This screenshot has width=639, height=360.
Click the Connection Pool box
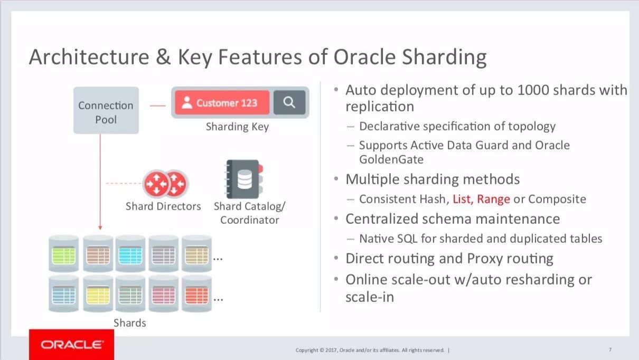coord(106,110)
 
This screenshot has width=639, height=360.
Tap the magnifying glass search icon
coord(289,102)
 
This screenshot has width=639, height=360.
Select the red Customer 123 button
coord(222,102)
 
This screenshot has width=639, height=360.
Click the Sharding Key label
coord(237,127)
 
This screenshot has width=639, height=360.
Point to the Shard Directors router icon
coord(165,184)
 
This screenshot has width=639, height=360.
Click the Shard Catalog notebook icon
coord(244,179)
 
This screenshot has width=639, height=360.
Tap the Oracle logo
coord(72,345)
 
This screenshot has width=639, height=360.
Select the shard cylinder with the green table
coord(63,254)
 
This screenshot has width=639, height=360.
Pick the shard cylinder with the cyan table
coord(130,254)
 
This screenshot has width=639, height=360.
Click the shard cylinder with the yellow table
coord(98,294)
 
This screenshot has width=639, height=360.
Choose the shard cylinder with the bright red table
coord(196,294)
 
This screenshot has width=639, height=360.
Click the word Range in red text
coord(493,200)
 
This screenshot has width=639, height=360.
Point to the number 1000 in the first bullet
coord(533,90)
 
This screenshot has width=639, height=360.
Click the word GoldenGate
coord(391,159)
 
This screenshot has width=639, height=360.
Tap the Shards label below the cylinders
coord(130,323)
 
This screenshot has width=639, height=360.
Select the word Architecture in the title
coord(89,56)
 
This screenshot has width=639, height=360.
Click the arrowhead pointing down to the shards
coord(100,228)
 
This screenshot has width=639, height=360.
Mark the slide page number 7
coord(610,349)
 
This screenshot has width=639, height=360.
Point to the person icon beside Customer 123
coord(187,102)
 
